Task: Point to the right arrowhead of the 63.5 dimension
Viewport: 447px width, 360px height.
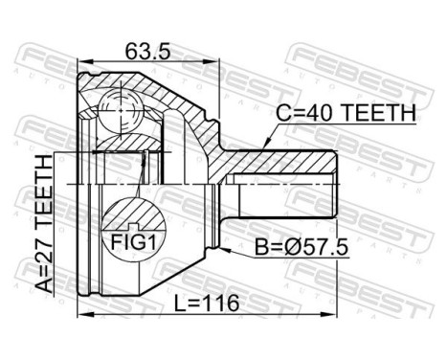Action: [x=219, y=65]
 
